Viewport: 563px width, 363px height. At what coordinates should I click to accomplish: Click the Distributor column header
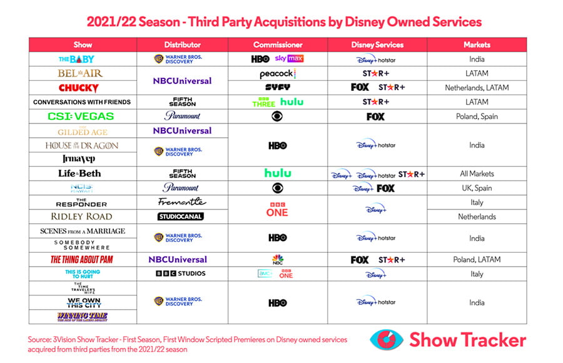(182, 45)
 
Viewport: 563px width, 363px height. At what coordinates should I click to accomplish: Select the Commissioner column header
(278, 45)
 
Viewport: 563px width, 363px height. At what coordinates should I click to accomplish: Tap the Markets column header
(477, 45)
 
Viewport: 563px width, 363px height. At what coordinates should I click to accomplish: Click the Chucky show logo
(78, 88)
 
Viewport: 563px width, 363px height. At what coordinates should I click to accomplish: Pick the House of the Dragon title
(82, 145)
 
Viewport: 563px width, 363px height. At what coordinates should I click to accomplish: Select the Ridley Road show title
(81, 216)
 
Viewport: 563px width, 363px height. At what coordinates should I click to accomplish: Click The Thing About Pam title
(82, 260)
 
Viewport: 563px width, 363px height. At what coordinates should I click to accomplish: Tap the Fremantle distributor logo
(182, 202)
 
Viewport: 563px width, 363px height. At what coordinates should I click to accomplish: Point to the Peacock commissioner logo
(278, 74)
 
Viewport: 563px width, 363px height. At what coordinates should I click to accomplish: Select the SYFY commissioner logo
(278, 88)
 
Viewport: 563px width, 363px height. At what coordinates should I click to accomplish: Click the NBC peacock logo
(278, 260)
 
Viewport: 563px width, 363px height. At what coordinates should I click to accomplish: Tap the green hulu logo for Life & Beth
(278, 174)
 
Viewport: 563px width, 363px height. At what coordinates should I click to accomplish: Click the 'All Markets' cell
(477, 174)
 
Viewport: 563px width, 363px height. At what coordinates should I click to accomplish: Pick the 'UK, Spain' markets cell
(477, 188)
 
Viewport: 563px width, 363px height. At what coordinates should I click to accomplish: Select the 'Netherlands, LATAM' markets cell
(477, 88)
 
